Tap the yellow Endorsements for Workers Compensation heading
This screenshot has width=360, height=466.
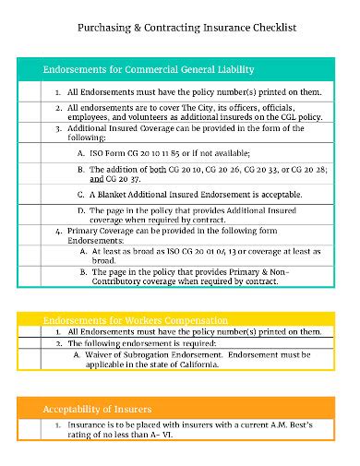[x=136, y=319]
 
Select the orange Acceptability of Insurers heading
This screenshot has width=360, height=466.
[x=97, y=407]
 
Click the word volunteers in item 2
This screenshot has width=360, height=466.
[x=152, y=119]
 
